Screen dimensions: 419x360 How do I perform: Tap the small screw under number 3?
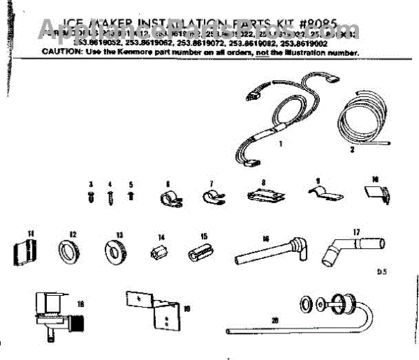pyautogui.click(x=91, y=197)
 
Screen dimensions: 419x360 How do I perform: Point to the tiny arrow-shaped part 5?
pyautogui.click(x=130, y=197)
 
